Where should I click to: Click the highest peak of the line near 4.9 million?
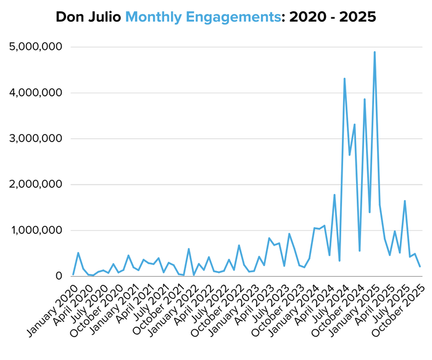pos(375,52)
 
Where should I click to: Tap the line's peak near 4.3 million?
pos(344,78)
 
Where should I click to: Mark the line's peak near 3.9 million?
pos(365,99)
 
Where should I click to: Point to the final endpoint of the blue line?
pos(420,267)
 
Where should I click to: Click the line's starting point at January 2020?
pos(73,275)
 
